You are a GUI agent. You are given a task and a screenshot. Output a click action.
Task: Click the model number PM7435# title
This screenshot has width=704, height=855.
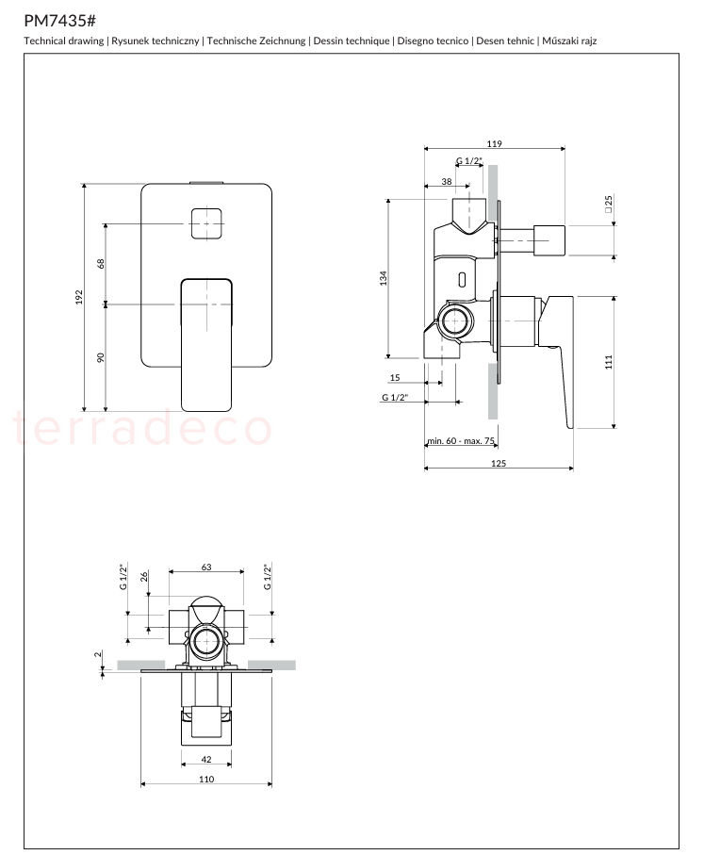pyautogui.click(x=60, y=21)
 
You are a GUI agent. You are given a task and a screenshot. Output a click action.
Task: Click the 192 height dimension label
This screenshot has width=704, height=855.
pyautogui.click(x=79, y=297)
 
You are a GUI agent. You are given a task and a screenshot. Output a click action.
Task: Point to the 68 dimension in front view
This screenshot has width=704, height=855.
pyautogui.click(x=100, y=263)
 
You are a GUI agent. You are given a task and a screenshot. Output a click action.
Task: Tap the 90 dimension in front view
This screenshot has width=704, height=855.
pyautogui.click(x=100, y=357)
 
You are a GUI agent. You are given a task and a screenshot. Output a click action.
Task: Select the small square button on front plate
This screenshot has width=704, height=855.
pyautogui.click(x=206, y=223)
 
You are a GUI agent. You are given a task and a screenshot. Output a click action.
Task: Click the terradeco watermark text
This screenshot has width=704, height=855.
pyautogui.click(x=143, y=429)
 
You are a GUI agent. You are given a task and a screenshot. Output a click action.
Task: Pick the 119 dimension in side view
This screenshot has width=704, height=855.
pyautogui.click(x=494, y=144)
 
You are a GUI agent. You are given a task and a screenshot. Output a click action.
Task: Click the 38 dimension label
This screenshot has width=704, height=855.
pyautogui.click(x=447, y=182)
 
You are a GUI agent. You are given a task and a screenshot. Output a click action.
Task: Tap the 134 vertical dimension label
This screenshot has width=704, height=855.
pyautogui.click(x=384, y=278)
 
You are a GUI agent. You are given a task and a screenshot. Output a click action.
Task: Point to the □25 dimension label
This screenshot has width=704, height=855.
pyautogui.click(x=609, y=204)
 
